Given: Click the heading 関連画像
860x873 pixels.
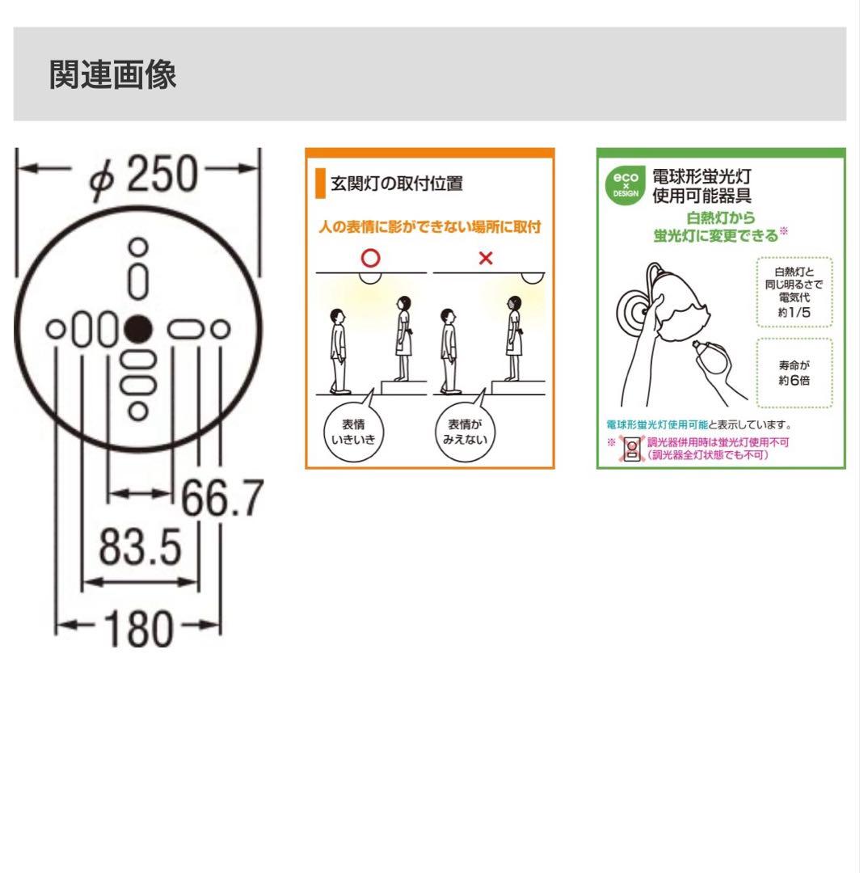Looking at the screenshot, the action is (x=112, y=74).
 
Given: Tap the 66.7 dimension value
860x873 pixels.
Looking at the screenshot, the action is (x=222, y=498).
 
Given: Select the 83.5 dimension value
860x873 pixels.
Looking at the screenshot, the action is (x=141, y=546).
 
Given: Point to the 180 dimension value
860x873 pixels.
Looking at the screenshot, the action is (x=139, y=628).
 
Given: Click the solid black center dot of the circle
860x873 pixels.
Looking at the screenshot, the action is (x=137, y=329).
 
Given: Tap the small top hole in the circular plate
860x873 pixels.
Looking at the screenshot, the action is (x=138, y=247).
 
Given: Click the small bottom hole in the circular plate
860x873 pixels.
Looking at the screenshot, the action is (x=138, y=411).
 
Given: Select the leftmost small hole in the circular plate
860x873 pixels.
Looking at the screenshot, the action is (x=56, y=329).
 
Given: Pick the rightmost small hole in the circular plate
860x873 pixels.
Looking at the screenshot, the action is (x=221, y=329).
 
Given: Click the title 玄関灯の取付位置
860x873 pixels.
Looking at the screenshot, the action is (x=396, y=183).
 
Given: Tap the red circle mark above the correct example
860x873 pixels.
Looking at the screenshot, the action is (x=370, y=258).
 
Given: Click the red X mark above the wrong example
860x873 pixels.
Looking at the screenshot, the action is (x=486, y=258).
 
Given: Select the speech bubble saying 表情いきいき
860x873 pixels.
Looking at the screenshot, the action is (x=354, y=430).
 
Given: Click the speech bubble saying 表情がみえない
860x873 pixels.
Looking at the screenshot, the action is (x=465, y=430).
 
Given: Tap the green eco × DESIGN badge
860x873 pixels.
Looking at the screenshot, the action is (x=626, y=185).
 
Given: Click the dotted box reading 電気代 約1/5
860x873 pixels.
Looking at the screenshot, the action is (x=795, y=292).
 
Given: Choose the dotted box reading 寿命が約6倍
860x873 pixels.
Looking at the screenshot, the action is (x=795, y=373).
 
